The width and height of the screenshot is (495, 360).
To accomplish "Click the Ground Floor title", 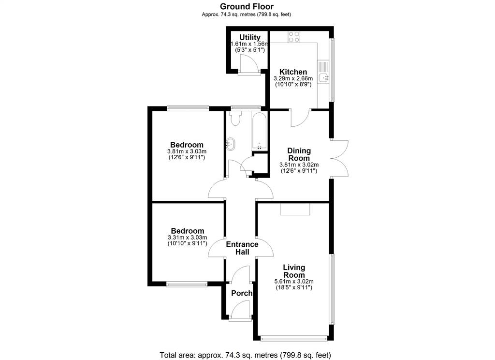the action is [x=247, y=6].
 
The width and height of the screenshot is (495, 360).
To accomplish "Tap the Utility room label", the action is [x=250, y=37].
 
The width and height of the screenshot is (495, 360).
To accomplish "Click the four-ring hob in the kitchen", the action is [x=293, y=37].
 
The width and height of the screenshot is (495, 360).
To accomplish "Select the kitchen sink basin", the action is [x=323, y=77].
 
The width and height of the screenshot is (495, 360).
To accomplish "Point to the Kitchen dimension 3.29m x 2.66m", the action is [x=293, y=78].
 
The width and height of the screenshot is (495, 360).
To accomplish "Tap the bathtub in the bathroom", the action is [x=259, y=131].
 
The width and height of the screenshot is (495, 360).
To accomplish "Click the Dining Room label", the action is [x=299, y=154].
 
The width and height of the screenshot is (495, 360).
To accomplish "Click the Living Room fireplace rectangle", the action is [x=295, y=209].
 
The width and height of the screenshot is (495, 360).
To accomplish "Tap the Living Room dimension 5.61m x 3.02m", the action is [x=294, y=281].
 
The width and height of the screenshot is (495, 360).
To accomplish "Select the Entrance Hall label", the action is [x=242, y=248].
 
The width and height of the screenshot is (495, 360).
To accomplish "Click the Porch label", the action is [x=242, y=293].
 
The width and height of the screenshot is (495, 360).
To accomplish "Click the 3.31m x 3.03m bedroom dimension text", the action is [x=187, y=238].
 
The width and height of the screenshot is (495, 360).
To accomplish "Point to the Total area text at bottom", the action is [x=245, y=355].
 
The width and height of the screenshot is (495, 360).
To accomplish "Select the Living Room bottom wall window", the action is [x=294, y=339].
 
